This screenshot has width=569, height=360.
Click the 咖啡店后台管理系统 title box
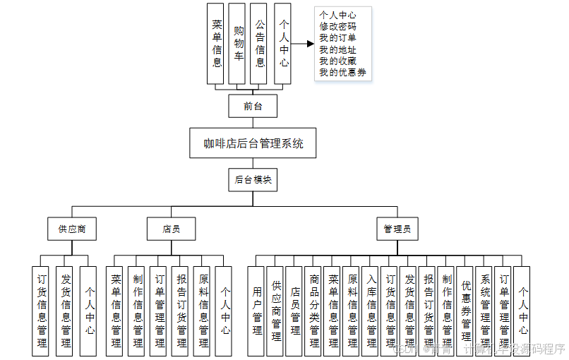click(x=253, y=143)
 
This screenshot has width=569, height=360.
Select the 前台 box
click(x=253, y=107)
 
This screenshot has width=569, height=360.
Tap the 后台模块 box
click(x=253, y=180)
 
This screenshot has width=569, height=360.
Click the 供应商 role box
click(x=72, y=229)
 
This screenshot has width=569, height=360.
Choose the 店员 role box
click(x=171, y=229)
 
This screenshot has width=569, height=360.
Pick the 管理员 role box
click(x=397, y=229)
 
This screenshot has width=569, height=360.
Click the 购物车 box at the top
click(x=238, y=44)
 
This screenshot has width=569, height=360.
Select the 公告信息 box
click(x=260, y=44)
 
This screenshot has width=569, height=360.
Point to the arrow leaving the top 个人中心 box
click(x=303, y=44)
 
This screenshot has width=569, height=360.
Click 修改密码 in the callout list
click(x=337, y=26)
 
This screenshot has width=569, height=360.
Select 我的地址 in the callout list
click(x=337, y=49)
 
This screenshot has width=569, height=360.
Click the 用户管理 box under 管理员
click(x=256, y=311)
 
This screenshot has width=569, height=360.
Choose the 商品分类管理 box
click(x=313, y=311)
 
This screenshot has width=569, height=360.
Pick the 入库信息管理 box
click(x=371, y=311)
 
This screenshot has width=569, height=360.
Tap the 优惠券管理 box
click(x=465, y=311)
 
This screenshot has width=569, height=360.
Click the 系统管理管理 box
click(x=484, y=311)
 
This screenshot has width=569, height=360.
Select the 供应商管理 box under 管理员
click(x=275, y=311)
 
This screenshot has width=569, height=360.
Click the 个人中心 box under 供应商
click(x=88, y=311)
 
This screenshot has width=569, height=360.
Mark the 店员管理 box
click(x=294, y=311)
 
